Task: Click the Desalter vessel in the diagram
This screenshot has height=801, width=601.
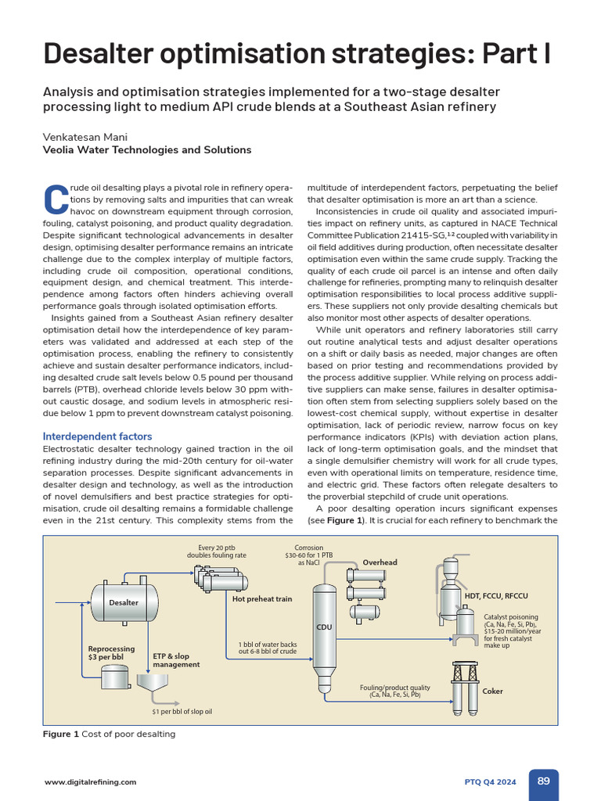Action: click(x=124, y=602)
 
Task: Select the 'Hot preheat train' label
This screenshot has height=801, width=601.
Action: click(x=262, y=599)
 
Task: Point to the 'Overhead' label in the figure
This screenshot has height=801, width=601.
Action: click(x=380, y=562)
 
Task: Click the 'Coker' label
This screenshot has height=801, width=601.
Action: click(x=493, y=691)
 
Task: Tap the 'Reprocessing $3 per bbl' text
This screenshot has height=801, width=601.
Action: click(x=112, y=652)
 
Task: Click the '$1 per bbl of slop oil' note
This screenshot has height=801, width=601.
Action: click(x=182, y=712)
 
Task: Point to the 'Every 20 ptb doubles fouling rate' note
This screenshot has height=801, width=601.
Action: click(x=217, y=551)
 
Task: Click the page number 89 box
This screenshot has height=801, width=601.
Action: click(x=543, y=781)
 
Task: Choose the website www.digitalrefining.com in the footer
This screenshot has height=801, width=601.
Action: click(x=90, y=781)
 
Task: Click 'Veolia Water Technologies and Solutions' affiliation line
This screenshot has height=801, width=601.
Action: click(x=147, y=149)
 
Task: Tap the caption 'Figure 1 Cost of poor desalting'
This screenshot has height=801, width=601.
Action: click(x=109, y=734)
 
